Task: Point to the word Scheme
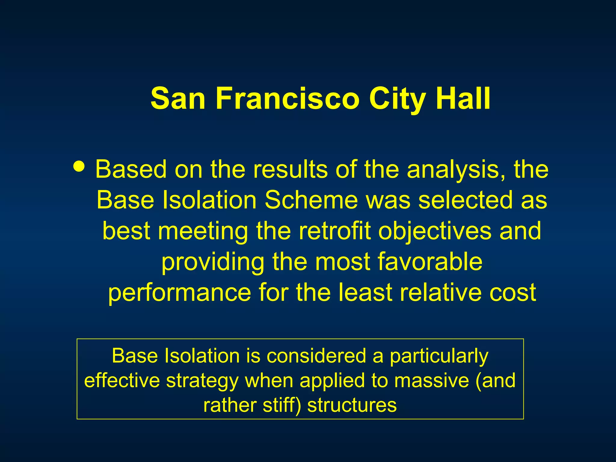click(311, 200)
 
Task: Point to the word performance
click(180, 293)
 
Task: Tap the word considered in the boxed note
click(316, 356)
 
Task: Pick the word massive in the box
click(431, 380)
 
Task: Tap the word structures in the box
click(352, 405)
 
